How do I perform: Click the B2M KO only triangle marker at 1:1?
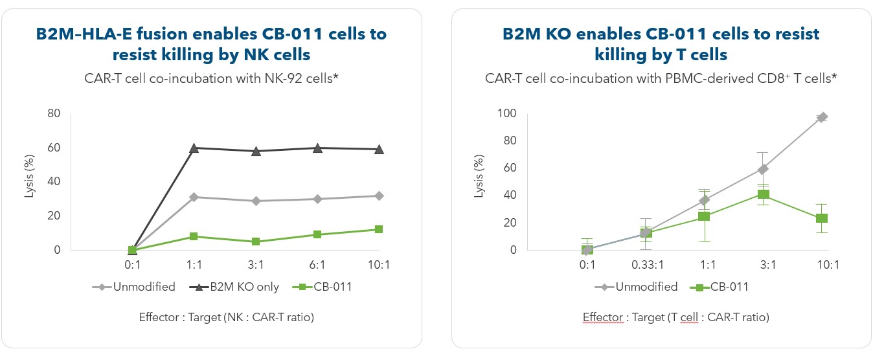tap(193, 148)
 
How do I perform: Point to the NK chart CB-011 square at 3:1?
tap(255, 242)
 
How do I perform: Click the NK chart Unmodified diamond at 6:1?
tap(317, 199)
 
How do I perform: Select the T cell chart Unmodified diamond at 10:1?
tap(822, 117)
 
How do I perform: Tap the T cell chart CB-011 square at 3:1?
tap(764, 194)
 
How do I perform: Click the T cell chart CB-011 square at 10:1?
tap(822, 218)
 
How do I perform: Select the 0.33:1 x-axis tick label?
tap(646, 265)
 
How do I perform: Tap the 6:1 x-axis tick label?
tap(317, 265)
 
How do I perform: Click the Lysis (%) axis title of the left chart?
tap(29, 182)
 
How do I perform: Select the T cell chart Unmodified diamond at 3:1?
tap(764, 169)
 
